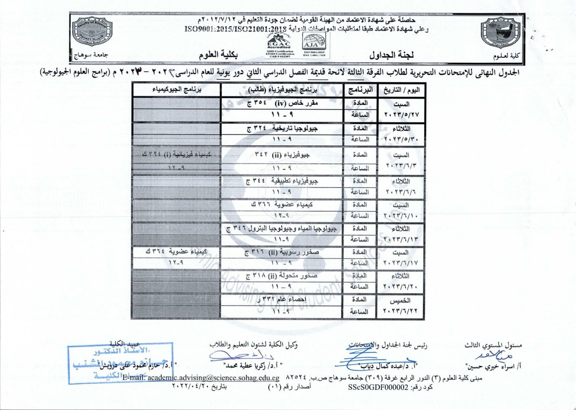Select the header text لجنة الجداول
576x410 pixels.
391,55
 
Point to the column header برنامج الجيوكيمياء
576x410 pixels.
177,90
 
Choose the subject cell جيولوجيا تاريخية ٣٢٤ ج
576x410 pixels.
282,129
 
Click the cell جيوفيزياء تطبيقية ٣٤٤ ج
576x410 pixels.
282,181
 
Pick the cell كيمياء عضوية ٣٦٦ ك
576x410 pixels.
282,205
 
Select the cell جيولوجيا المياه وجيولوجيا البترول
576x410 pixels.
282,228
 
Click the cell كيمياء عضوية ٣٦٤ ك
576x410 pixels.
176,252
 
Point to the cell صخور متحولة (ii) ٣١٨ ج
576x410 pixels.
282,276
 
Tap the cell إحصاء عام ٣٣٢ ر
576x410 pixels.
282,299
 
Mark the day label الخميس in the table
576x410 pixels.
400,301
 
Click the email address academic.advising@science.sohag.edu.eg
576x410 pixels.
213,378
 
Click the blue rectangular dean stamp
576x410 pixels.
120,363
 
